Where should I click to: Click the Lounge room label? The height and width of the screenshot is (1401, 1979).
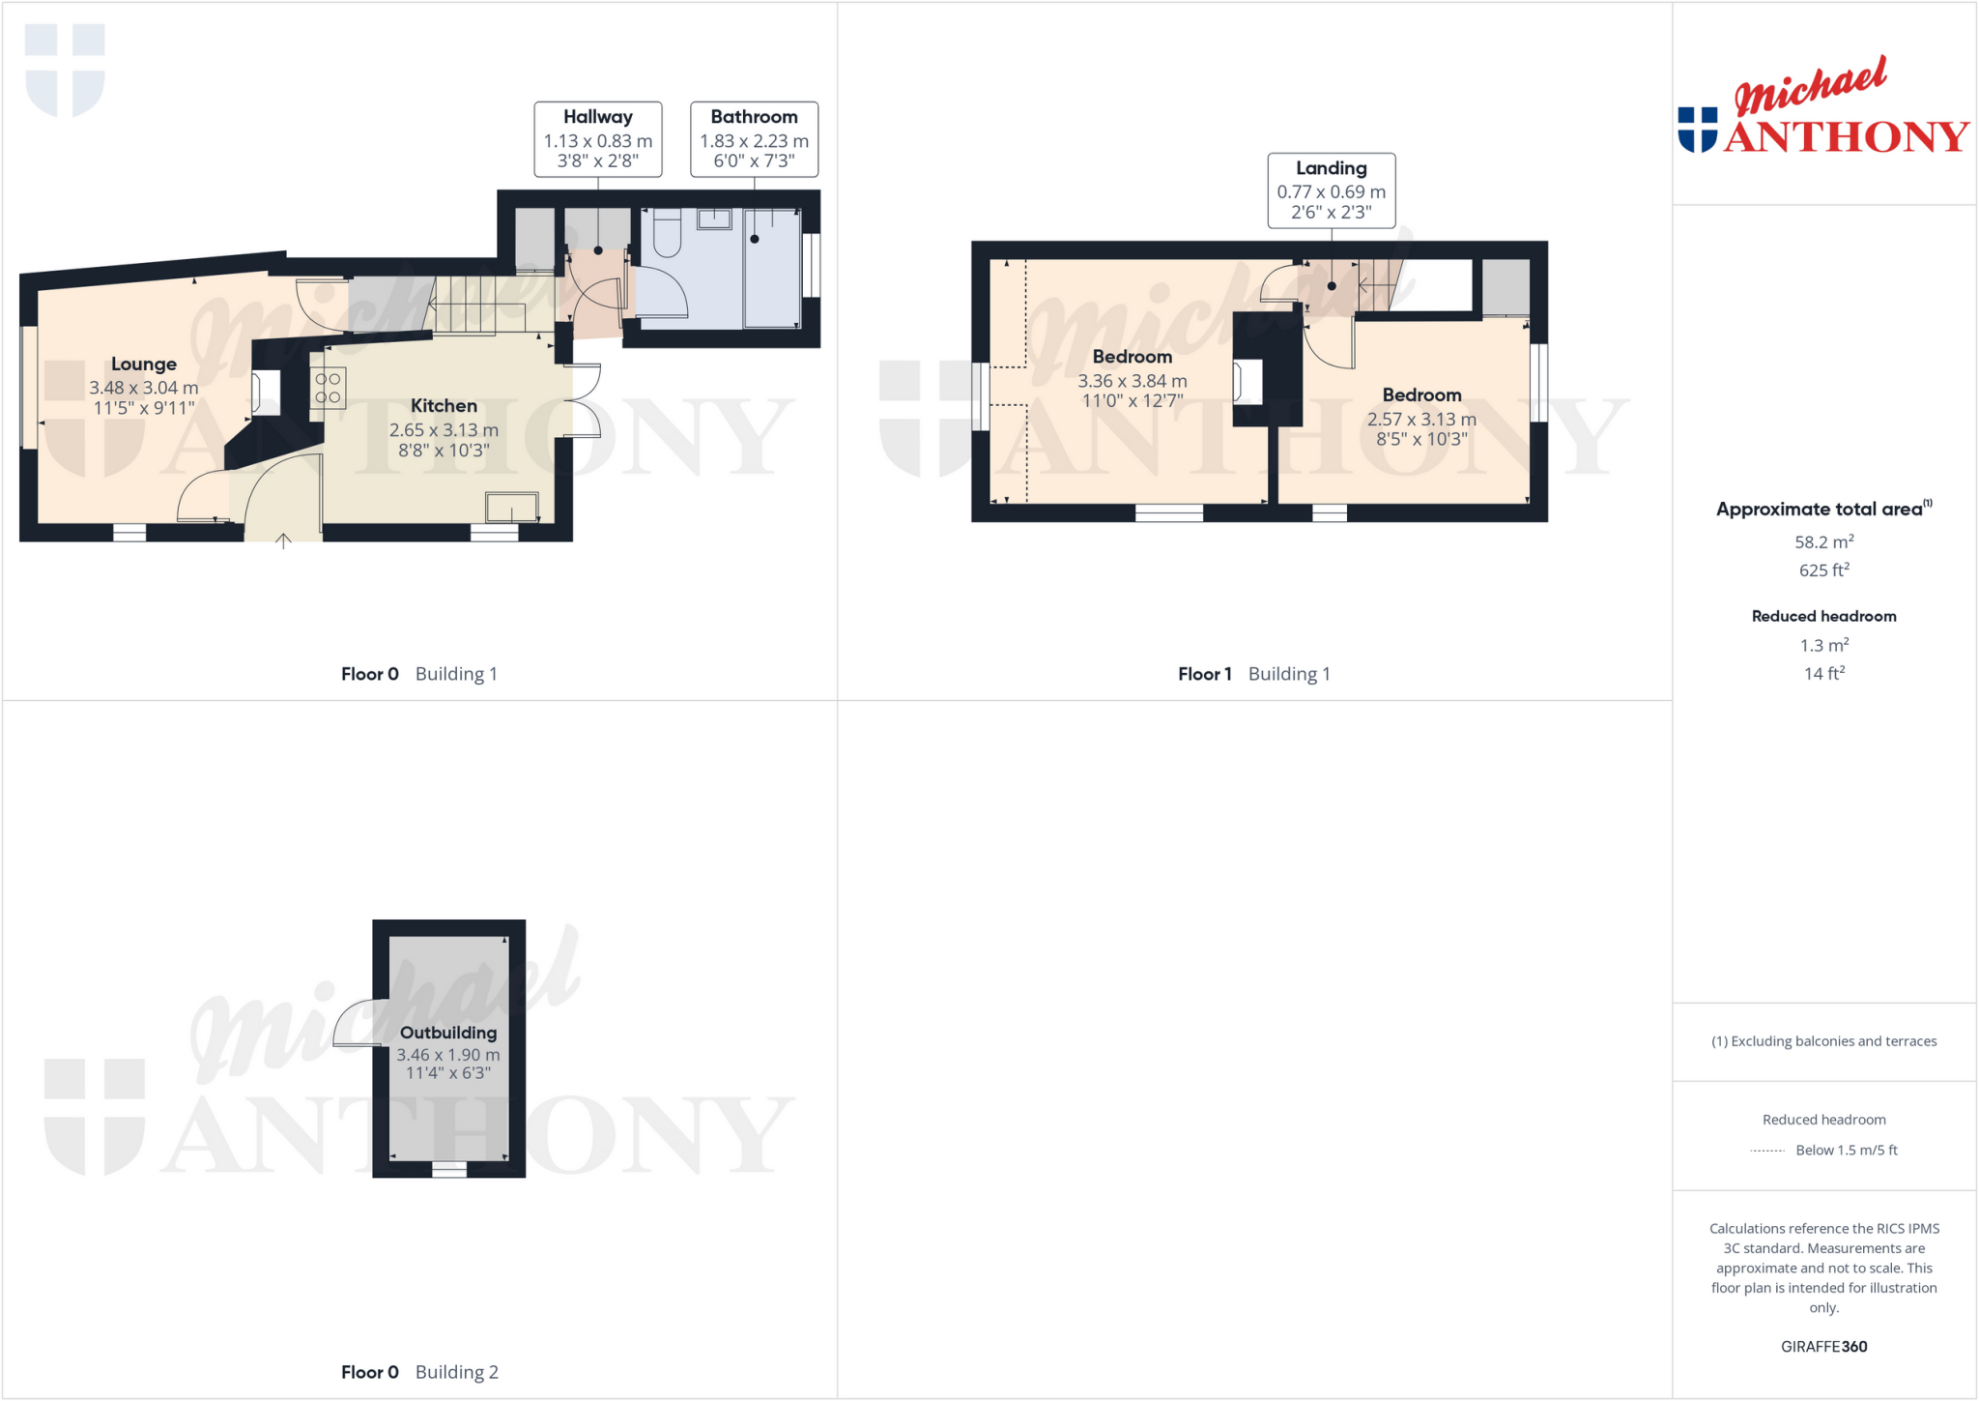tap(144, 365)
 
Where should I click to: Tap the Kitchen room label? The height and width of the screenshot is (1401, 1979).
tap(444, 406)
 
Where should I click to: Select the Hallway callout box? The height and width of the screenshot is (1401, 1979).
tap(598, 139)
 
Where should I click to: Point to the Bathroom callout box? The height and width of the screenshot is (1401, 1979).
tap(754, 139)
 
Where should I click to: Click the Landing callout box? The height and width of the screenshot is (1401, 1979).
tap(1331, 190)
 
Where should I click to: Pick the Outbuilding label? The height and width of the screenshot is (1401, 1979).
tap(448, 1033)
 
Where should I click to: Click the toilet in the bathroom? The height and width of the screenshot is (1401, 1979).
tap(667, 233)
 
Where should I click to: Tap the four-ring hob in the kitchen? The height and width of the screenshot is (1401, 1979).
tap(328, 388)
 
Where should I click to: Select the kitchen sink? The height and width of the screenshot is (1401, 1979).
tap(511, 507)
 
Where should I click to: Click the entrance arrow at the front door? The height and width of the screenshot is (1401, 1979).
tap(283, 540)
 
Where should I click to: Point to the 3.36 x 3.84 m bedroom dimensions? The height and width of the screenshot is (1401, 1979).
tap(1133, 391)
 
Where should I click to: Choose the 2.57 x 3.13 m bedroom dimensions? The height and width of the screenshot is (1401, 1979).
tap(1421, 428)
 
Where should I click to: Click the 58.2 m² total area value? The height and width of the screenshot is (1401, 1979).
tap(1823, 542)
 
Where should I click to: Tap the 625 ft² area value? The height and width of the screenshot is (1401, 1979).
tap(1823, 570)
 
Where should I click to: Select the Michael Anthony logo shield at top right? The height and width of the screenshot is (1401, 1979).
tap(1698, 129)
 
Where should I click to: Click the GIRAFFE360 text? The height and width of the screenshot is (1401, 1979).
tap(1823, 1346)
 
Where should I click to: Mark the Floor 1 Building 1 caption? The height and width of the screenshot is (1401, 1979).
tap(1253, 674)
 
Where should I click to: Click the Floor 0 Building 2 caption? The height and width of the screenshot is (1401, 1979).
tap(419, 1372)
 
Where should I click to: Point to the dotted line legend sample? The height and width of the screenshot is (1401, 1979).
tap(1767, 1151)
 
